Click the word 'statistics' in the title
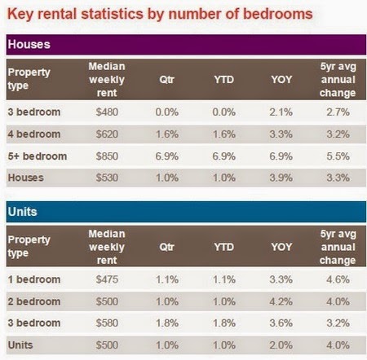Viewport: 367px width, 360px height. click(112, 14)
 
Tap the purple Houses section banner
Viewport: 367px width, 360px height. click(186, 45)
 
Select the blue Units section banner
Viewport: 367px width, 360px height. click(186, 212)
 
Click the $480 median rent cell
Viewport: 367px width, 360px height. click(107, 112)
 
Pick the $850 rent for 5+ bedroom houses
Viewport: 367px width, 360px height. click(107, 156)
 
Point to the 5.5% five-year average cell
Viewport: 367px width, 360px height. click(338, 156)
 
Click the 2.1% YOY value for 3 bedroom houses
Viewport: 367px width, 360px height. click(281, 112)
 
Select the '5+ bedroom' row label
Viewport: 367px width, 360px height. click(38, 156)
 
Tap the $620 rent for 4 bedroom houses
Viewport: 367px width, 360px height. click(107, 134)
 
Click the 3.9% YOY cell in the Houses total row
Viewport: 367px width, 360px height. click(281, 178)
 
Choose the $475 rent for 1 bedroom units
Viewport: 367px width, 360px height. click(107, 279)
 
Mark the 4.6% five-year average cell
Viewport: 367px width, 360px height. click(338, 279)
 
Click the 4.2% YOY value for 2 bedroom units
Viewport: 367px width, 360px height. click(281, 301)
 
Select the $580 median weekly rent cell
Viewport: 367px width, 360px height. click(107, 323)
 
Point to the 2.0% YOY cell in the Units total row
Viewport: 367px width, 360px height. click(281, 345)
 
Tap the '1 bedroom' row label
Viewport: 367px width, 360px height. click(34, 279)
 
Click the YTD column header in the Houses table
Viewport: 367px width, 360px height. click(223, 80)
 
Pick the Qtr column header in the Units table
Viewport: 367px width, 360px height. click(166, 247)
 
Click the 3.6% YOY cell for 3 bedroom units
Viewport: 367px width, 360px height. click(281, 323)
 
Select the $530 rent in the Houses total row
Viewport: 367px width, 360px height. click(107, 178)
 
